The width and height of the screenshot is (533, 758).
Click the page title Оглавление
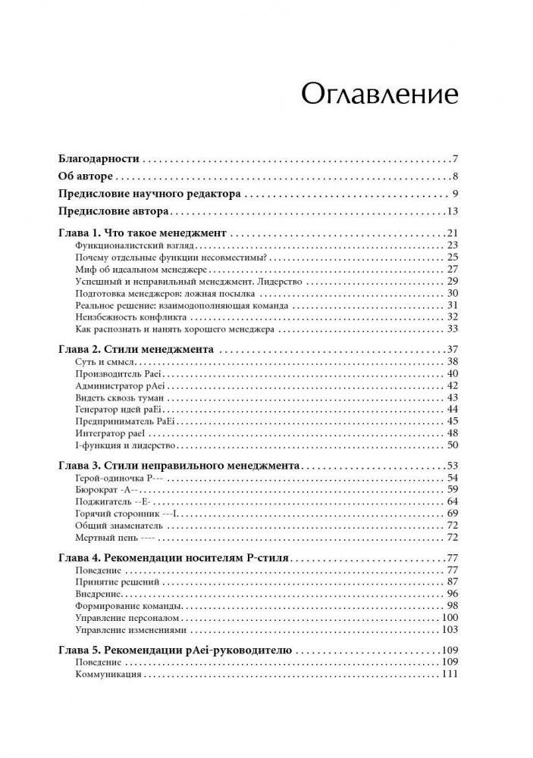click(x=379, y=94)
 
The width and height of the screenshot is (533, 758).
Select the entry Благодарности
click(x=99, y=159)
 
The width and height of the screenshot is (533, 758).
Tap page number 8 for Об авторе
click(x=453, y=177)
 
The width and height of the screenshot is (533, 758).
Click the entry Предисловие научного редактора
click(x=149, y=194)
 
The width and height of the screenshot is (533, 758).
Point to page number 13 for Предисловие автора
click(x=451, y=212)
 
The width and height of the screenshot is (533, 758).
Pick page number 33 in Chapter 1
click(x=453, y=329)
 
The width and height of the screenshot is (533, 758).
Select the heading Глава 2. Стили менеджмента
click(x=136, y=350)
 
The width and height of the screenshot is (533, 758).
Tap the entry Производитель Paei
click(x=119, y=374)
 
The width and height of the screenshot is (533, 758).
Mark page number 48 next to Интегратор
click(x=453, y=433)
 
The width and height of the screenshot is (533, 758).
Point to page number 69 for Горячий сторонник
click(x=453, y=513)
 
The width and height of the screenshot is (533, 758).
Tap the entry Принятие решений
click(x=113, y=582)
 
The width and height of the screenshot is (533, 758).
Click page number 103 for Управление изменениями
click(x=450, y=629)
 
